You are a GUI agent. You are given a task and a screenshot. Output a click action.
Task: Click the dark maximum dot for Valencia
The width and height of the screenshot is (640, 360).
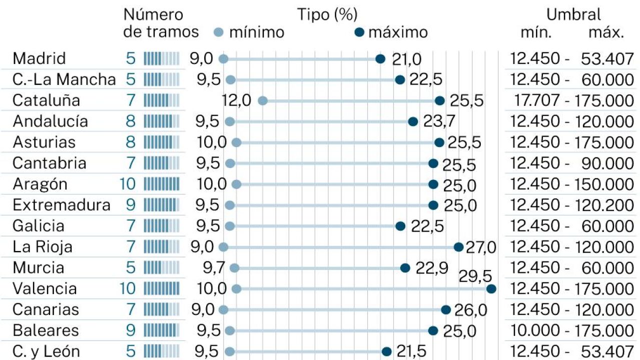(491, 288)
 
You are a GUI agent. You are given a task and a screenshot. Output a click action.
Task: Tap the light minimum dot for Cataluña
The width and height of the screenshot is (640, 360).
(263, 100)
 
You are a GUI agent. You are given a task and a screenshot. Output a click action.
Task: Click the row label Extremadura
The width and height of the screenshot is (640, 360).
(62, 205)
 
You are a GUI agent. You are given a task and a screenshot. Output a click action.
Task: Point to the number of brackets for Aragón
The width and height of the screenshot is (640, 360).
(128, 184)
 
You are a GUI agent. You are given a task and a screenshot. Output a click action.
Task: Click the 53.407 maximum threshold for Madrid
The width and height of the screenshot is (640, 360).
(607, 59)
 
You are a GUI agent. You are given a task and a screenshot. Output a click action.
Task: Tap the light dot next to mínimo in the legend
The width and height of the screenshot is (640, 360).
(218, 32)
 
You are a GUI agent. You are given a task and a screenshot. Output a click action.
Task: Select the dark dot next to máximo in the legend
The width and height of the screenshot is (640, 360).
(359, 32)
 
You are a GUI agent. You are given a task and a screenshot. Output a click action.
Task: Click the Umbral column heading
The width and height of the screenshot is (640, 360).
(573, 14)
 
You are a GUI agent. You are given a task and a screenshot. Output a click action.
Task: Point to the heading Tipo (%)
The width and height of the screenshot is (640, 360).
(328, 14)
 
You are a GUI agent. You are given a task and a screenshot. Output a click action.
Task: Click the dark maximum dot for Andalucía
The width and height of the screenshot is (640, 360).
(413, 121)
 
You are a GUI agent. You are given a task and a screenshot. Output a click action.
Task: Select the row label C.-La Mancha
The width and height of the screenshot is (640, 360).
(64, 79)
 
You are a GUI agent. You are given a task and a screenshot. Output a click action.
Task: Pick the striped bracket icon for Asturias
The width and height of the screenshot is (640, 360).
(161, 142)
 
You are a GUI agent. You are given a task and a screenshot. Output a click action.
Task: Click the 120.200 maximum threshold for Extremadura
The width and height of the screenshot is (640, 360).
(607, 205)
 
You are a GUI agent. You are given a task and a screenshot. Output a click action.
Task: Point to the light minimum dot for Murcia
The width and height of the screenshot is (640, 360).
(234, 268)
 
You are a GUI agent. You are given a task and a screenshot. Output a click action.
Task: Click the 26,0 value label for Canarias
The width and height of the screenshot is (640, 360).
(470, 310)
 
